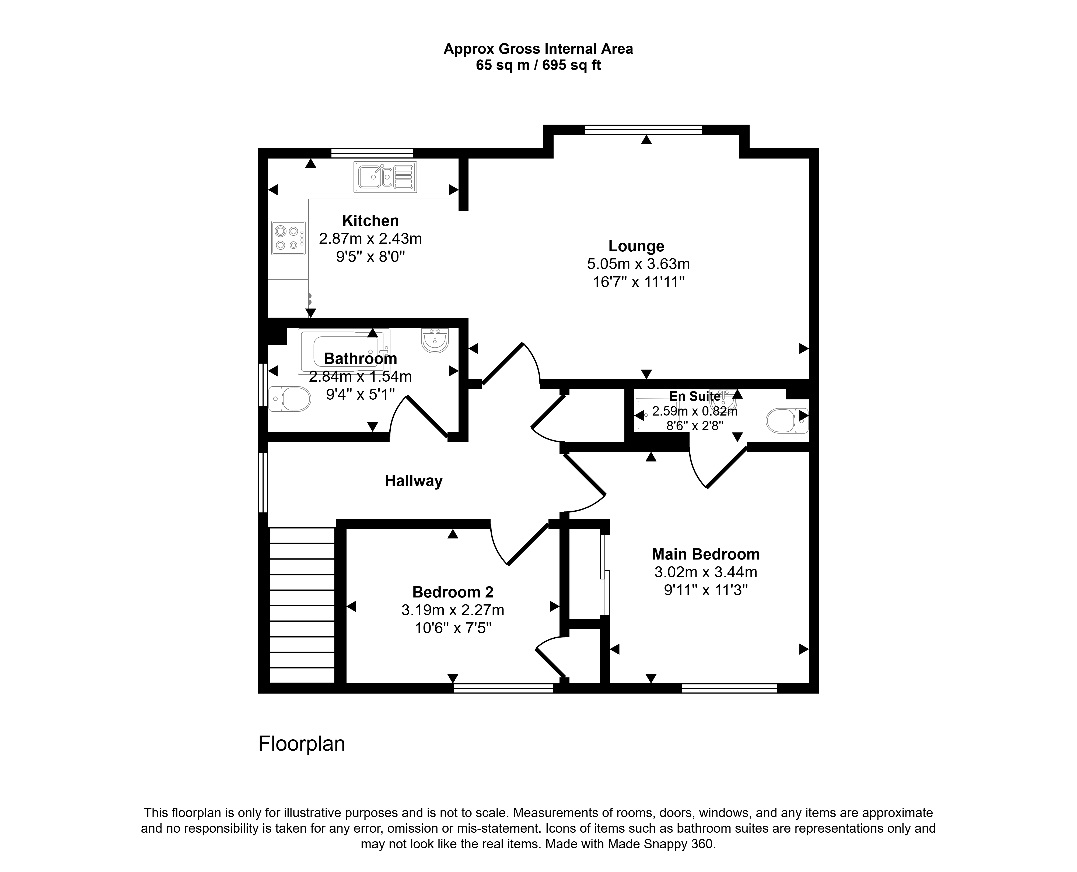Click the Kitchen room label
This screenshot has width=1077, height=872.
(x=370, y=220)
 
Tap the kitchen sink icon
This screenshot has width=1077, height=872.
(x=385, y=177)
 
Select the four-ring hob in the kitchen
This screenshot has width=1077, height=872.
(x=288, y=238)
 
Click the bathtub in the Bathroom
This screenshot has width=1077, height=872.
(x=344, y=351)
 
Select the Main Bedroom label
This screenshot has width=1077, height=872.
(x=706, y=554)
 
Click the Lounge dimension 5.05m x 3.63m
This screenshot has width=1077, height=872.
(x=638, y=264)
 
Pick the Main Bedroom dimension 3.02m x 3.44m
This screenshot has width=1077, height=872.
(x=706, y=572)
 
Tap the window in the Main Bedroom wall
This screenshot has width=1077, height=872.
(x=729, y=688)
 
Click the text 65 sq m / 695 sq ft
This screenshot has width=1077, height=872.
(x=538, y=65)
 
